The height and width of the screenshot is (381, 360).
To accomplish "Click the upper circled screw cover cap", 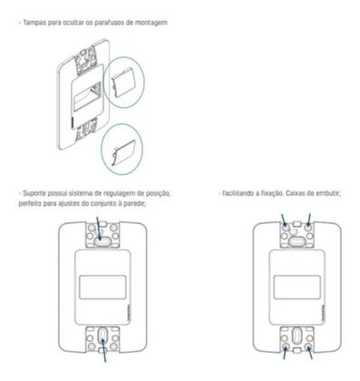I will [x=123, y=84].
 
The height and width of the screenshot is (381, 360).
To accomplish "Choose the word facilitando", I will [x=240, y=193].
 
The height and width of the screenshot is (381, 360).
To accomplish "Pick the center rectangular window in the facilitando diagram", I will [x=295, y=290].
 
